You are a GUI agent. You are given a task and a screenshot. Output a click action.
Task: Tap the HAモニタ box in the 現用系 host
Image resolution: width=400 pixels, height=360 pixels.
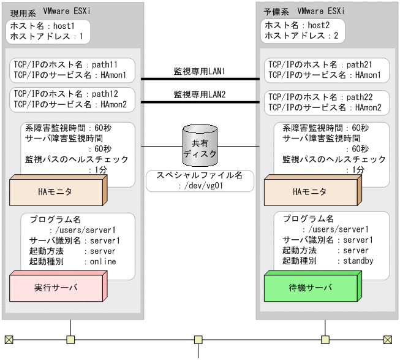[x=55, y=191]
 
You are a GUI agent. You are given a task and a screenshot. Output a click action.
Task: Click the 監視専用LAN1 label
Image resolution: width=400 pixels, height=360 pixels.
[x=200, y=72]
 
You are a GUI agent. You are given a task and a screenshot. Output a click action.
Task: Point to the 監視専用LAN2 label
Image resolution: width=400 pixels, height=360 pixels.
[x=200, y=95]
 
